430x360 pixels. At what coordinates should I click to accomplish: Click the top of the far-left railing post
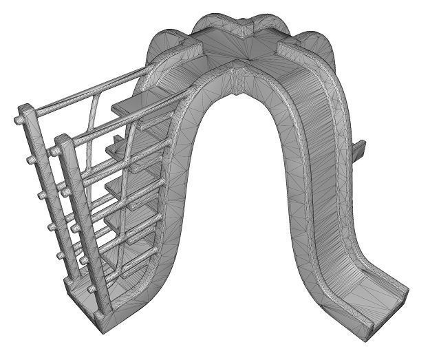[24, 109]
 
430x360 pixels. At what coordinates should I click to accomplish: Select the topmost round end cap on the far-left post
[17, 120]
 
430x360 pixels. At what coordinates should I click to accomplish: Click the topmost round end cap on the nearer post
[54, 151]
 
